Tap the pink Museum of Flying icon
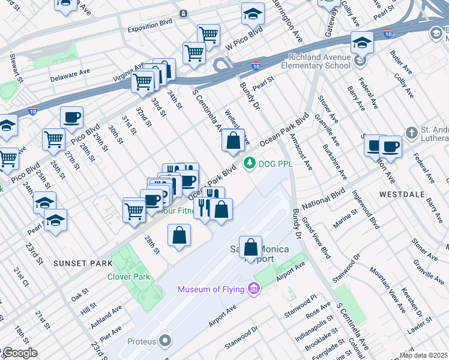[x=253, y=290]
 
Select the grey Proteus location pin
[x=164, y=341]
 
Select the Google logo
[x=19, y=353]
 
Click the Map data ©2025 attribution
[x=424, y=355]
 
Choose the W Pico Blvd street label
[x=244, y=38]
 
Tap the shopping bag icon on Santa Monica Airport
[x=251, y=247]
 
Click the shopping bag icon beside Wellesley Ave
[x=233, y=141]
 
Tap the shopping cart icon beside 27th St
[x=53, y=140]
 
